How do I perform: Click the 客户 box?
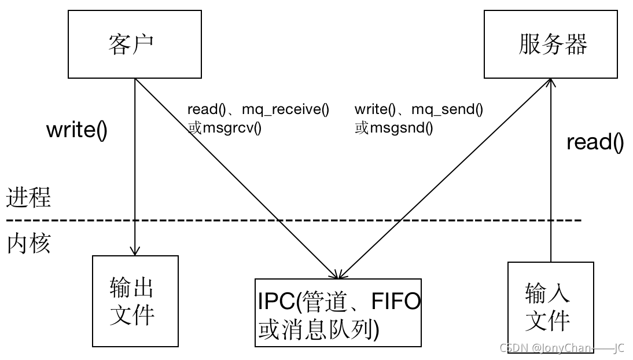point(134,44)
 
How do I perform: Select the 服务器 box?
point(551,44)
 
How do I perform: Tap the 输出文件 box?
point(135,301)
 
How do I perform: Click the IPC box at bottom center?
point(338,313)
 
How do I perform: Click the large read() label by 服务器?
point(595,142)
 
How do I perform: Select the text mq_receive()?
point(285,109)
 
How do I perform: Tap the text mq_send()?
point(447,109)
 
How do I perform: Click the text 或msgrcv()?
point(225,128)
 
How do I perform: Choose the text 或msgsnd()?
point(394,128)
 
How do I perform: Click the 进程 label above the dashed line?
point(28,197)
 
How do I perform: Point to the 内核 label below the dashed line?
point(29,244)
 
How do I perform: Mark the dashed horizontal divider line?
point(294,221)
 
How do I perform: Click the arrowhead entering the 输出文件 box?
point(135,251)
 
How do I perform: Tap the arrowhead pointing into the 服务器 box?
point(551,82)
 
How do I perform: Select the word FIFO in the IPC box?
point(396,301)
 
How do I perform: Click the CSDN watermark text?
point(562,348)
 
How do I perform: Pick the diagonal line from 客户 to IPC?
point(236,179)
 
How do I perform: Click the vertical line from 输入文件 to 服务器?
point(551,170)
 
